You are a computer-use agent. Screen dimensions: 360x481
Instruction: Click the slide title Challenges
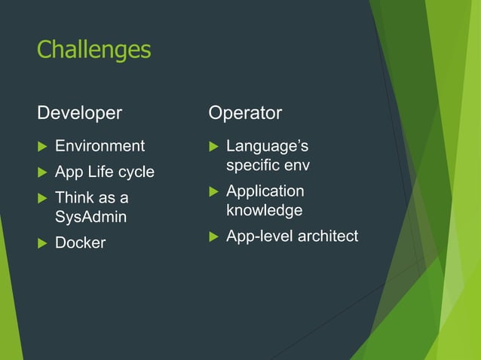coord(93,50)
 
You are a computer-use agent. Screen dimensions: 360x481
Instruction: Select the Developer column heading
coord(79,113)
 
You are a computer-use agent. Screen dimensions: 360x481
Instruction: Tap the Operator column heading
coord(245,113)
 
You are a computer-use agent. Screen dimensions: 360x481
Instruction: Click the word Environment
coord(100,145)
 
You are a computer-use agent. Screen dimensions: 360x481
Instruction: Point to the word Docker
coord(80,243)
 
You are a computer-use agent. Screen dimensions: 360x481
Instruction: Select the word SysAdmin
coord(91,217)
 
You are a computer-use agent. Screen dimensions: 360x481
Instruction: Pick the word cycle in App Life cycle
coord(136,172)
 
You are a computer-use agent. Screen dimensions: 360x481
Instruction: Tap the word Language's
coord(267,145)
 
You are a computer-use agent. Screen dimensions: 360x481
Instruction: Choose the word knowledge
coord(264,210)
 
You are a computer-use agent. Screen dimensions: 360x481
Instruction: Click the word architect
coord(328,236)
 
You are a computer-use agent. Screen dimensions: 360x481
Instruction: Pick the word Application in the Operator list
coord(265,191)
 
